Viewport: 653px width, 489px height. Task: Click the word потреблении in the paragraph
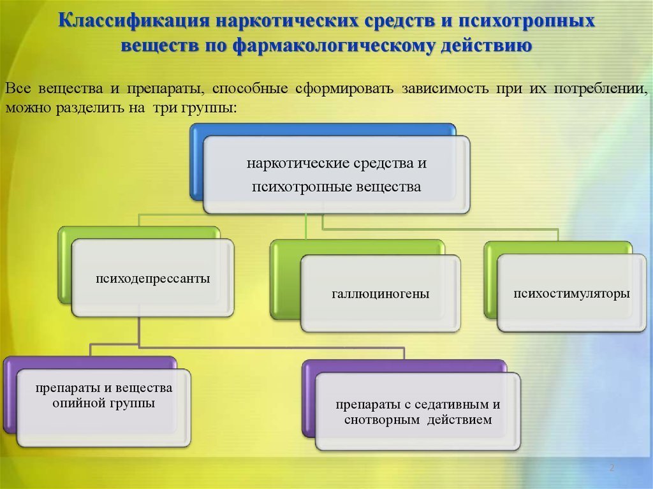(601, 89)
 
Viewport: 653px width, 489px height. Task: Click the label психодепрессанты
(153, 278)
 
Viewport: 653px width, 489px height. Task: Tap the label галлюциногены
(381, 294)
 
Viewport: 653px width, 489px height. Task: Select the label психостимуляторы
(571, 293)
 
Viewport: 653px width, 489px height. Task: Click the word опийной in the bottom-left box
(78, 403)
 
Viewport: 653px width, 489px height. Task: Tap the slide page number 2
(612, 467)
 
